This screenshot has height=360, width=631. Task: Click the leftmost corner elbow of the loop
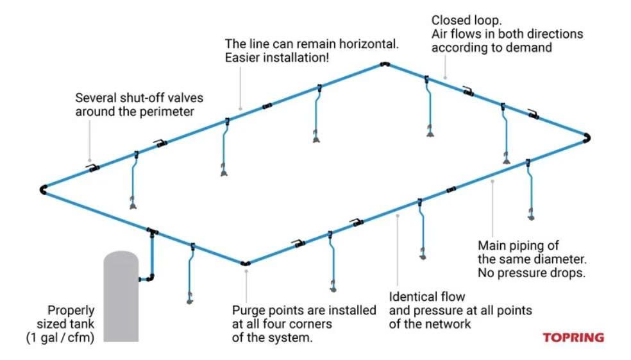click(x=43, y=189)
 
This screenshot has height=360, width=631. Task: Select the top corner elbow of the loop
click(x=384, y=64)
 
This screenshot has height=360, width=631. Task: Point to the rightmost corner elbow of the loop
click(x=587, y=137)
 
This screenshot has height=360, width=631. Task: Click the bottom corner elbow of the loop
click(x=245, y=262)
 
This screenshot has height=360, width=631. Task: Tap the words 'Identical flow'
click(x=426, y=296)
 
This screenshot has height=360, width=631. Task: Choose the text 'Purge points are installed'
click(x=304, y=311)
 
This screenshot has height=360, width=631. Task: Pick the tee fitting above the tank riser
click(x=152, y=230)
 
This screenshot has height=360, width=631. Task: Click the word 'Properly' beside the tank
click(x=71, y=310)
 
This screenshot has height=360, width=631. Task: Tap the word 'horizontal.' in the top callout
click(x=369, y=44)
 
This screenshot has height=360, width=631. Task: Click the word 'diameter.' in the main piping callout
click(x=560, y=259)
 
